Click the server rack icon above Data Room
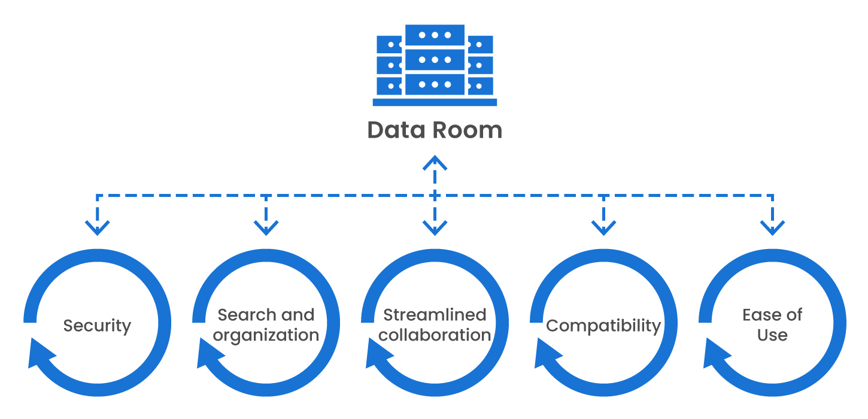click(435, 65)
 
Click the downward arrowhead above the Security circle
click(97, 227)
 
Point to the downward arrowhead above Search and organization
click(266, 227)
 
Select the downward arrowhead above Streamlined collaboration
click(435, 227)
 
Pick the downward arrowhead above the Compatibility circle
click(603, 227)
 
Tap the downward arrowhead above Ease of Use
click(772, 227)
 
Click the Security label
click(97, 326)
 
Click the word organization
click(266, 335)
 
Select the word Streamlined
click(435, 315)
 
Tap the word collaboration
click(435, 335)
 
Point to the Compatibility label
click(603, 326)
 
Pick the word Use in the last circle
click(772, 335)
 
